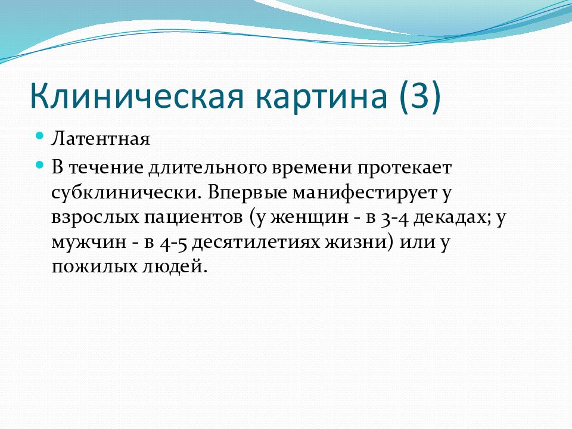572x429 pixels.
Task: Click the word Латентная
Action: (100, 139)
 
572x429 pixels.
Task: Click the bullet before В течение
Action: (40, 165)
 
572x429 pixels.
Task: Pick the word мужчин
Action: (89, 243)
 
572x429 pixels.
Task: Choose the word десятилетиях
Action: (256, 243)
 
